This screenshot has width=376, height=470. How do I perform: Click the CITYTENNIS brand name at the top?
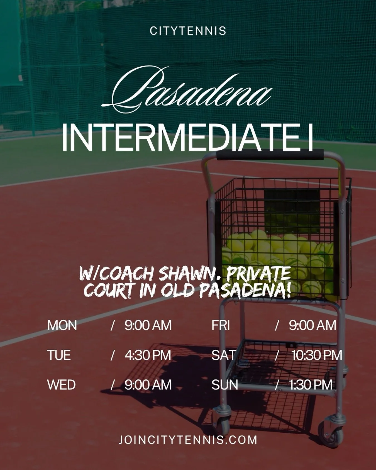point(188,31)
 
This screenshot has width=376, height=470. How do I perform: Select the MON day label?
point(62,325)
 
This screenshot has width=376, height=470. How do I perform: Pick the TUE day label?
point(59,355)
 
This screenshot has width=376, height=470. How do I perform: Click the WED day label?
point(61,385)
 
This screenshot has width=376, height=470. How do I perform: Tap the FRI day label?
point(221,325)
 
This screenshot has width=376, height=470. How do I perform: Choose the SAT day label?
point(224,355)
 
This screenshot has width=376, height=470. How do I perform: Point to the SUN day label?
point(225,385)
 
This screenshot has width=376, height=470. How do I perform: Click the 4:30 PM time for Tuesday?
point(148,355)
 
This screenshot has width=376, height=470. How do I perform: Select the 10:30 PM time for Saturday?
point(317,355)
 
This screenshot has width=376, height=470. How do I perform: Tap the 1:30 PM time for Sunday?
point(311,385)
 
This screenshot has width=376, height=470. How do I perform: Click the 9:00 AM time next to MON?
point(148,325)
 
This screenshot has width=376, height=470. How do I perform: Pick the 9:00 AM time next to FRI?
point(312,325)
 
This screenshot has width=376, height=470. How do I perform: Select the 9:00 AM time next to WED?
point(148,385)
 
